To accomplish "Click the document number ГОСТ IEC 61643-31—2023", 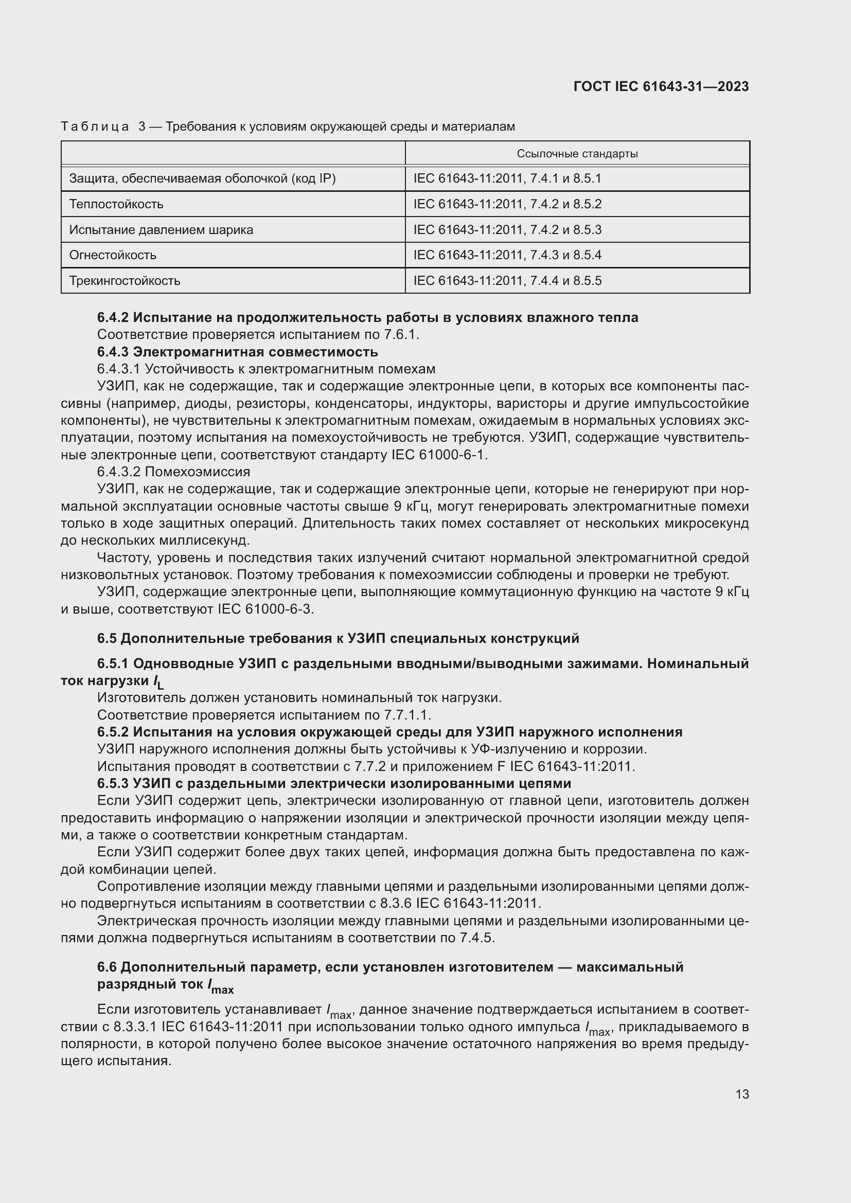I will click(661, 87).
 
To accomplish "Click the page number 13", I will click(742, 1094).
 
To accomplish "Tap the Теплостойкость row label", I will click(116, 204).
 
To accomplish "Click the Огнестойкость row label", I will click(113, 255).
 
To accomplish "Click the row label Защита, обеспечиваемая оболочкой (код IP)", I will click(202, 178).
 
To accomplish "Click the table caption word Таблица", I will click(95, 127).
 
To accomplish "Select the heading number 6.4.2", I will click(113, 317).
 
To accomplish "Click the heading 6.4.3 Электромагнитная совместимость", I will click(237, 352).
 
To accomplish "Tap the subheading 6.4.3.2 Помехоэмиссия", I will click(173, 472).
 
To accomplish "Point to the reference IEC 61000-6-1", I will click(438, 455).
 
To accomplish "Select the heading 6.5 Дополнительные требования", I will click(338, 638).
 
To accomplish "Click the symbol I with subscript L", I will click(158, 681).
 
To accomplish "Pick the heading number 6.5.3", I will click(113, 783).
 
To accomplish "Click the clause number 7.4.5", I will click(476, 938).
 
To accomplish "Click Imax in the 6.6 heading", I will click(221, 985).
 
